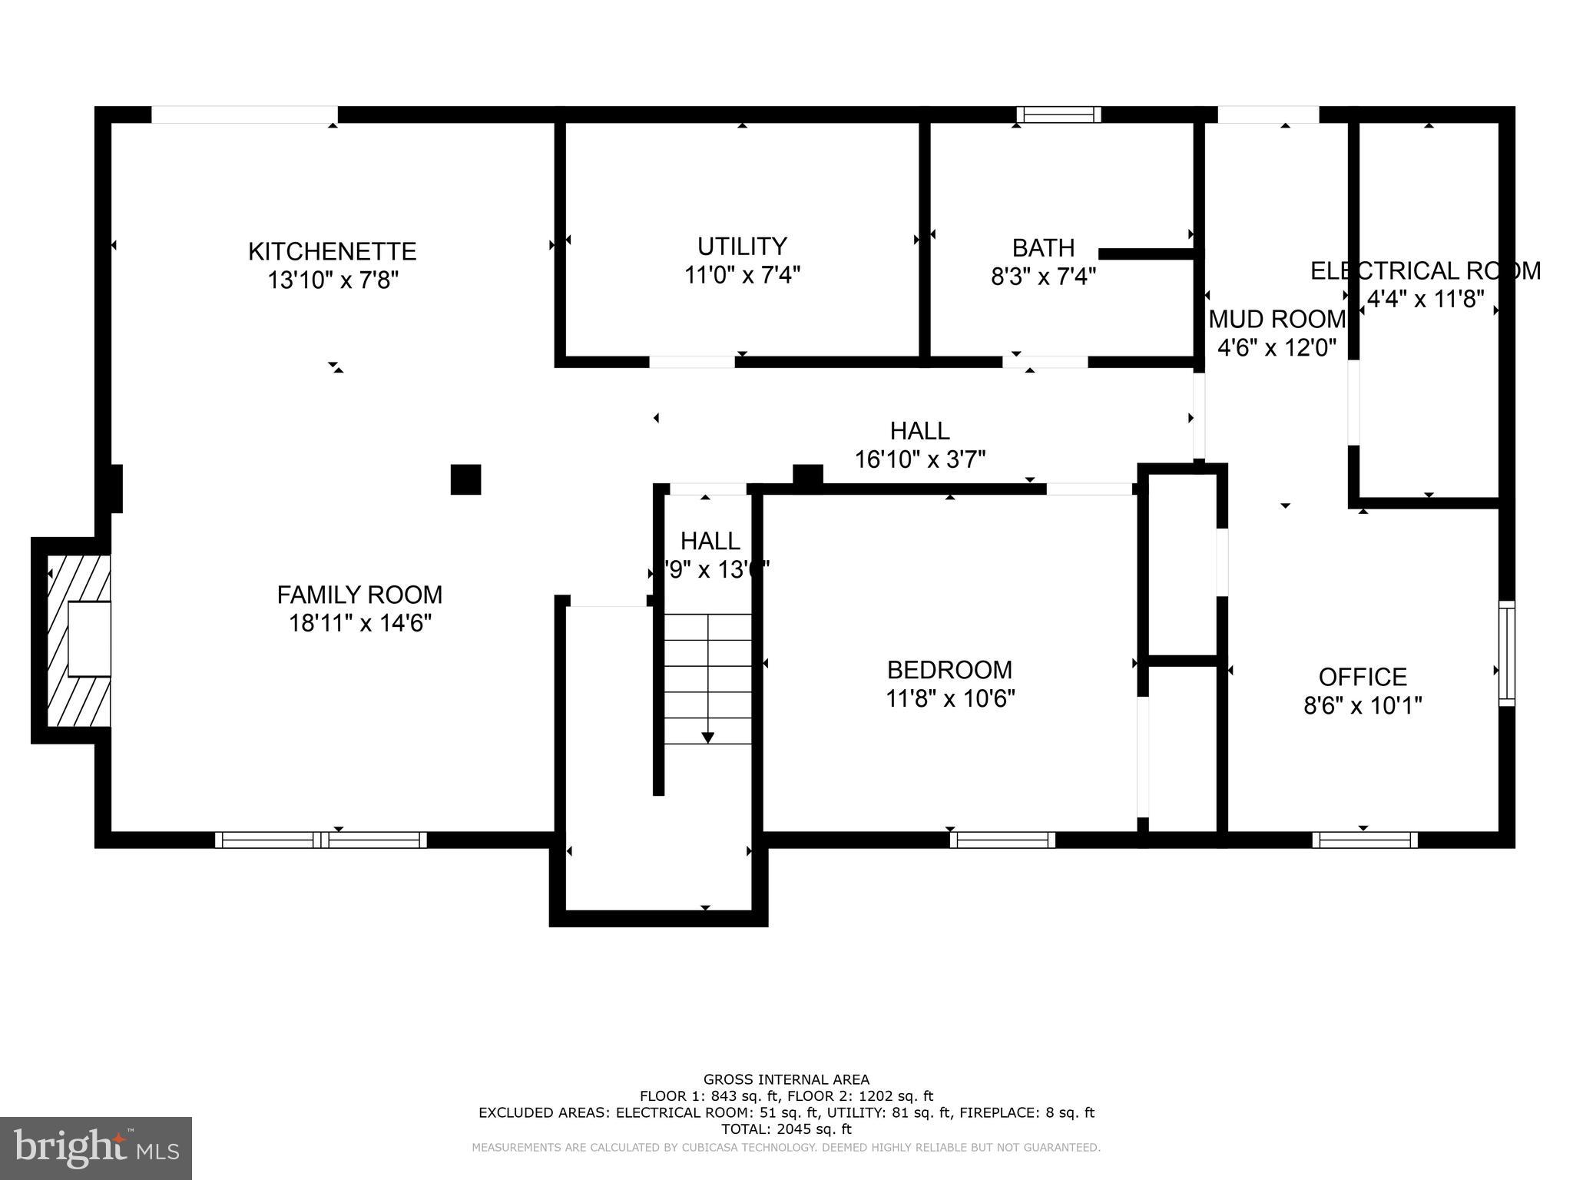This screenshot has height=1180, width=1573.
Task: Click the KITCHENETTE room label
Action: [332, 251]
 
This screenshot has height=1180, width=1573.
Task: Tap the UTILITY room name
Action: [742, 246]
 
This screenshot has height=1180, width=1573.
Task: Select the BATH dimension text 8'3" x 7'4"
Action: [1043, 276]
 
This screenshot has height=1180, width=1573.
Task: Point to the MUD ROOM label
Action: [1277, 319]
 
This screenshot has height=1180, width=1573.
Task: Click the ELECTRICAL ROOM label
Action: [1425, 271]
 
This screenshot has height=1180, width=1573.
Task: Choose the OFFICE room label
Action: [1363, 677]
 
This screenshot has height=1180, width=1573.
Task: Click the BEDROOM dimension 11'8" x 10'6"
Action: [950, 699]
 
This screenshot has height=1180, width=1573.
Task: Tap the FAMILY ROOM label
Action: [359, 595]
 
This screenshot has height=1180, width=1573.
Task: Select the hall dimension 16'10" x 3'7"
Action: [920, 459]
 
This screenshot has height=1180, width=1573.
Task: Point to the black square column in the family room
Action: [465, 479]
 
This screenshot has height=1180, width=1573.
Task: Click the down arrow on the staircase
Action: [707, 737]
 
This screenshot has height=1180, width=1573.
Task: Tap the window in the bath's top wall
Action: [1058, 114]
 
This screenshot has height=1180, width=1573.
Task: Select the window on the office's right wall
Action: [1507, 653]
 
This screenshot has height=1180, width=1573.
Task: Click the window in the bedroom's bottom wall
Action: [1002, 840]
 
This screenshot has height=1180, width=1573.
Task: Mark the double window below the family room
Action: [321, 840]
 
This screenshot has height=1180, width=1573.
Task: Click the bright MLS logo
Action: [96, 1148]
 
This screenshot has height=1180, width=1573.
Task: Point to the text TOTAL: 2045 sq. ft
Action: [786, 1129]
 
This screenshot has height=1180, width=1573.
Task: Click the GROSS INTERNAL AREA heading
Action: [786, 1079]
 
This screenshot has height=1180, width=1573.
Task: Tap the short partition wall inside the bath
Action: [1146, 254]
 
